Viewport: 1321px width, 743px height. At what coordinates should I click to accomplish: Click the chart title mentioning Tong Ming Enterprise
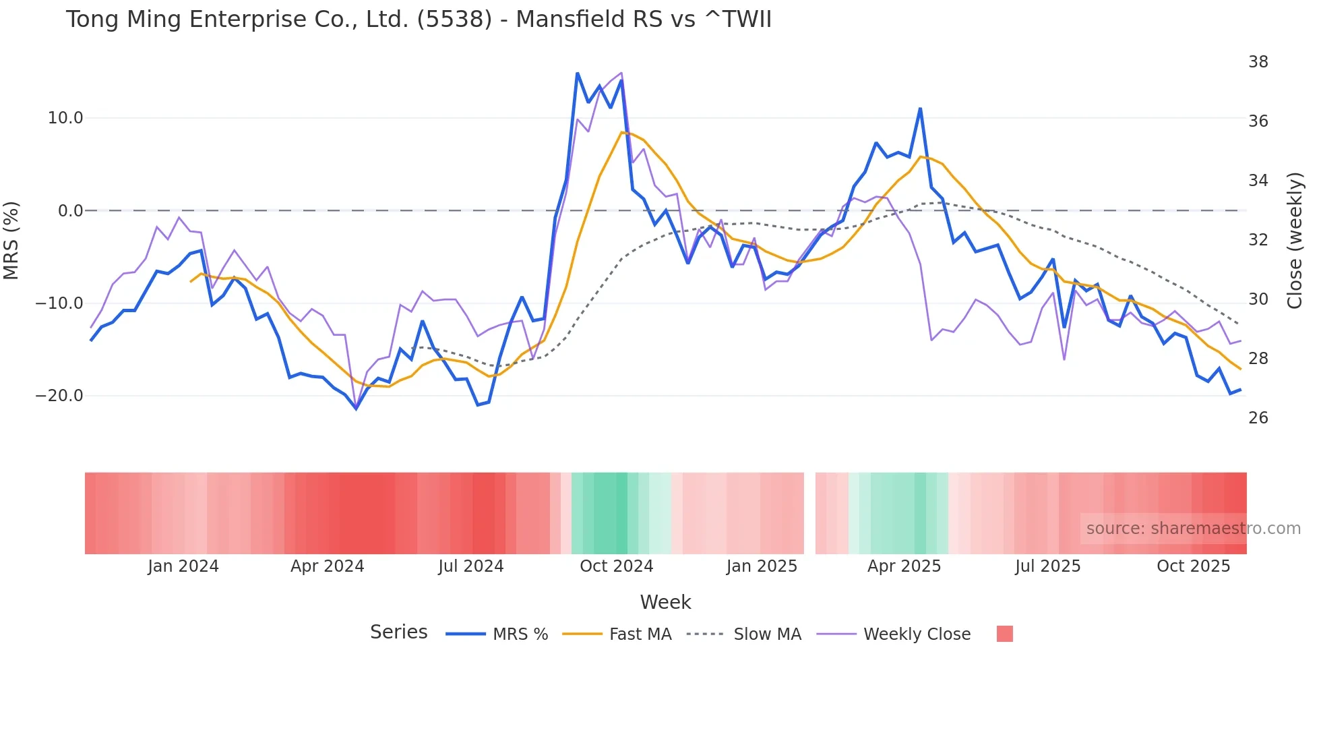click(x=418, y=19)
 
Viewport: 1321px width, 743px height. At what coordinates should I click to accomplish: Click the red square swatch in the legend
click(x=1004, y=634)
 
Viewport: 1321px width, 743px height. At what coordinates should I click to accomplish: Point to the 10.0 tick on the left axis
click(x=65, y=118)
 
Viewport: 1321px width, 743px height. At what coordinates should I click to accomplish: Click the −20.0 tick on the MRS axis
click(x=59, y=396)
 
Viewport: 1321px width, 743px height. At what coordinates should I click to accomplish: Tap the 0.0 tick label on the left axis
click(x=70, y=211)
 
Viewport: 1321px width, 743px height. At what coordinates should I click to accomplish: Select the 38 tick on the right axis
click(x=1258, y=62)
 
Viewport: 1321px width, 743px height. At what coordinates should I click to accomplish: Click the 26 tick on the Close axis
click(x=1258, y=418)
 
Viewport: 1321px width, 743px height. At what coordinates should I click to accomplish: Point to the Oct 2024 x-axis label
click(x=616, y=566)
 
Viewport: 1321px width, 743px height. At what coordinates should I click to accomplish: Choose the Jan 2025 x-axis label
click(x=762, y=566)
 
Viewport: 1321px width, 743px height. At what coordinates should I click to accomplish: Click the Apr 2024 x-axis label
click(x=327, y=566)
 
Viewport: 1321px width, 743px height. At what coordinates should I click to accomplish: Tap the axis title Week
click(x=665, y=602)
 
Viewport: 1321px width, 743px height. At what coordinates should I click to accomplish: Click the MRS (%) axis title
click(x=11, y=240)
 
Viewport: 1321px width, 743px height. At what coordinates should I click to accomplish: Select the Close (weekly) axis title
click(x=1294, y=240)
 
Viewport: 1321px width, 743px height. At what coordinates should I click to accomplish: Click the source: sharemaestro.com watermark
click(x=1193, y=529)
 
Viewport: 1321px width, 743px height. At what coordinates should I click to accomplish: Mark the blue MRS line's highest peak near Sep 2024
click(x=578, y=73)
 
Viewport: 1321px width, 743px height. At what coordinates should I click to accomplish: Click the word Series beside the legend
click(x=398, y=632)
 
